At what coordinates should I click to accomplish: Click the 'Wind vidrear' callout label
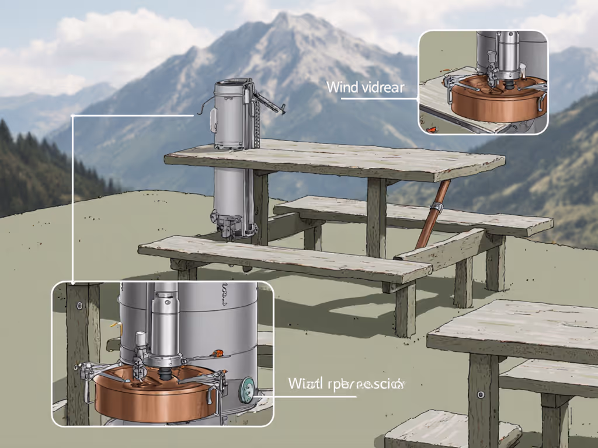pyautogui.click(x=365, y=87)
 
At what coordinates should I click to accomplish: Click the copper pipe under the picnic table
pyautogui.click(x=431, y=213)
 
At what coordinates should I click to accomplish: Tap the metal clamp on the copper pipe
pyautogui.click(x=436, y=207)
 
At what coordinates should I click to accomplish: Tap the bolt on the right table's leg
pyautogui.click(x=481, y=394)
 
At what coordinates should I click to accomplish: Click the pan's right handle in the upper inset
pyautogui.click(x=542, y=103)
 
